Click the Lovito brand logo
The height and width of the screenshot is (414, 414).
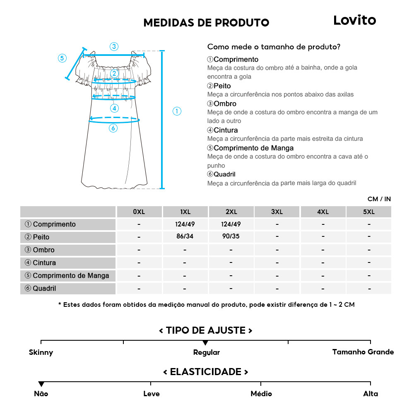354,20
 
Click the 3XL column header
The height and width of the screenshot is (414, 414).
277,212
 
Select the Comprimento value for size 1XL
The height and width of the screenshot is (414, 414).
185,224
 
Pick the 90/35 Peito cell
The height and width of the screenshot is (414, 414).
231,237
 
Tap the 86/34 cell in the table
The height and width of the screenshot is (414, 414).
185,237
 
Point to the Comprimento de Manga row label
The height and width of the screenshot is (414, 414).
67,276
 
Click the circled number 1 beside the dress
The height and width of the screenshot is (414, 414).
177,111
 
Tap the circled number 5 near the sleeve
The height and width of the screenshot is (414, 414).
62,58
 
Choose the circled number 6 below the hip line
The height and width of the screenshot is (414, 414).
113,128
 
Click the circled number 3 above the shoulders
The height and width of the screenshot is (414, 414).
114,46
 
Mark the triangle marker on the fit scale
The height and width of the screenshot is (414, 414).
205,343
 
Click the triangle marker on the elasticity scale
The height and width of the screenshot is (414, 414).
41,384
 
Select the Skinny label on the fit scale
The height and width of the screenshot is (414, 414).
41,353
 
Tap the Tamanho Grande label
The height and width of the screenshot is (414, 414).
363,352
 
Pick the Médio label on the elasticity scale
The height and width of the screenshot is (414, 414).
261,394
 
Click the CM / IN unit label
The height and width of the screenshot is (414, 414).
379,199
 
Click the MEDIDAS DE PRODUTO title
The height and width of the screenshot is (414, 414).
206,23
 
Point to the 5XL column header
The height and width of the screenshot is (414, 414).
368,212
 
